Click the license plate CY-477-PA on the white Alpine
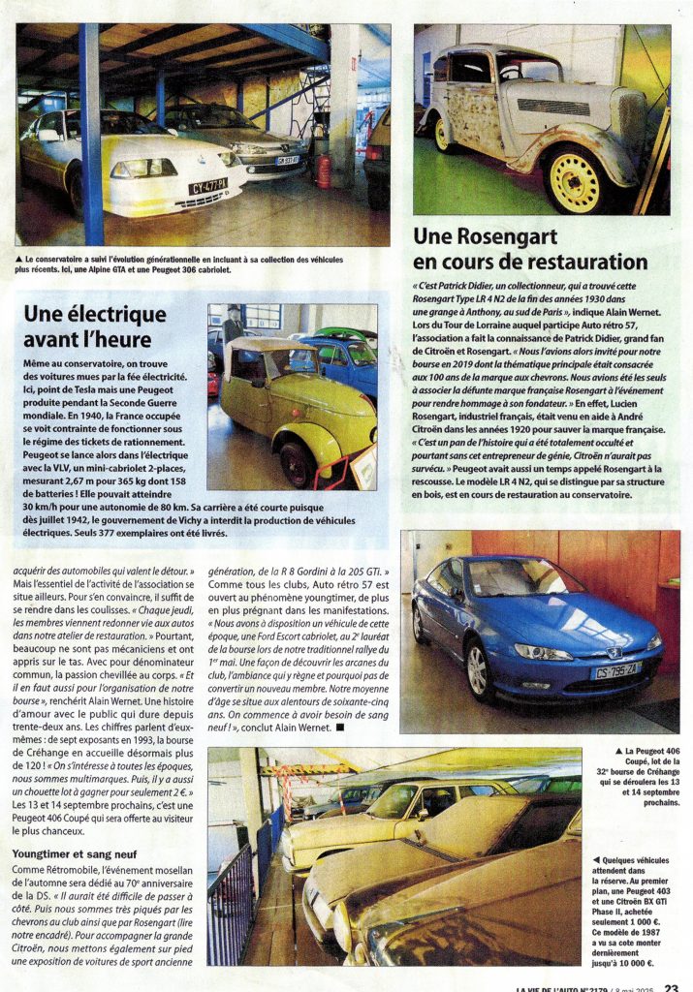click(x=208, y=184)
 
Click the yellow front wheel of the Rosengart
click(x=575, y=180)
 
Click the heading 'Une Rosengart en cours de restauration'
click(x=530, y=249)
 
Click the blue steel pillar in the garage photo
click(x=92, y=136)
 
